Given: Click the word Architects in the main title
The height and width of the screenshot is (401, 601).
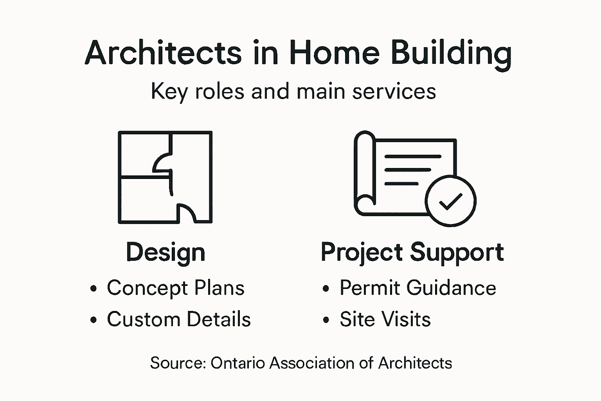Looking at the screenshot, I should [x=163, y=53].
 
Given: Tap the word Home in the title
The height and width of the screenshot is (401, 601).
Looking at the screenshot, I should [x=334, y=53].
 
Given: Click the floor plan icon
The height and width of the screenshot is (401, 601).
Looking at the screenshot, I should [x=165, y=177].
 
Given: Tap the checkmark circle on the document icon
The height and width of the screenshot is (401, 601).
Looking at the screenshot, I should [x=450, y=201].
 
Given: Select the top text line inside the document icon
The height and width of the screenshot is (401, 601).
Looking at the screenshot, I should [x=413, y=156].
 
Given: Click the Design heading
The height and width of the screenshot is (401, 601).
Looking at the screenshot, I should [x=166, y=253].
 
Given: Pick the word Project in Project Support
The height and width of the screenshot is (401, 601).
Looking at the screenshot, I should [x=362, y=253].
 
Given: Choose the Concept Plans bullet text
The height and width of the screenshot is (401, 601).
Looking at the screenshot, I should [x=176, y=288].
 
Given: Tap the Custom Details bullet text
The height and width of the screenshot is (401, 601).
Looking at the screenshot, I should [x=178, y=319].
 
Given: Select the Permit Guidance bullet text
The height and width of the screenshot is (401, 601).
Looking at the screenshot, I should [x=417, y=288].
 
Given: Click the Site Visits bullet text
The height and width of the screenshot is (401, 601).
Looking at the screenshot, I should [x=385, y=319].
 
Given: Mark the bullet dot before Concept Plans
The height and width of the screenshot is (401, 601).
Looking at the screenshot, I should [x=93, y=289].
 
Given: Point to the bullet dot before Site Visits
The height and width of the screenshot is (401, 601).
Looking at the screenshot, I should [x=326, y=320].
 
